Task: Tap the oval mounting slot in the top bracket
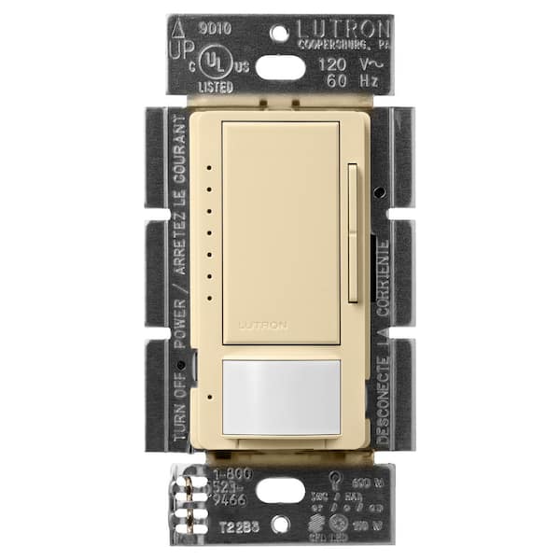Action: click(279, 66)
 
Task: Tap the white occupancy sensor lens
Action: click(280, 396)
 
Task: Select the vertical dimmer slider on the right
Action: click(352, 233)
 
